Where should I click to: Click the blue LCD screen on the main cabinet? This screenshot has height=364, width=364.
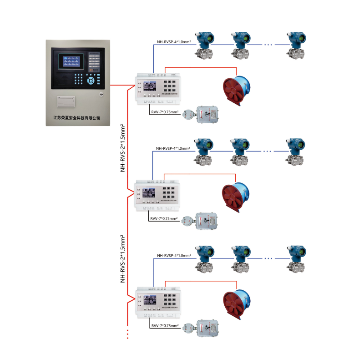[71, 61]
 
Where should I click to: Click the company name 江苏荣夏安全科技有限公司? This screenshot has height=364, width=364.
[76, 117]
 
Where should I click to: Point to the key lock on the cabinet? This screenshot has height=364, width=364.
[101, 95]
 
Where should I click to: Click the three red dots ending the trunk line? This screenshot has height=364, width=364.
[128, 334]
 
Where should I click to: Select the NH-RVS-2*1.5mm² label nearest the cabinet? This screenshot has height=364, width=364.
[122, 148]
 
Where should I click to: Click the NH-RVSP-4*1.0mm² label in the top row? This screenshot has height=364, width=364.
[173, 42]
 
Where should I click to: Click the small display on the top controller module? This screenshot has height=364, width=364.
[149, 86]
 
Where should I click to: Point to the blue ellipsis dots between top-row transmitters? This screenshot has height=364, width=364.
[268, 45]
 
